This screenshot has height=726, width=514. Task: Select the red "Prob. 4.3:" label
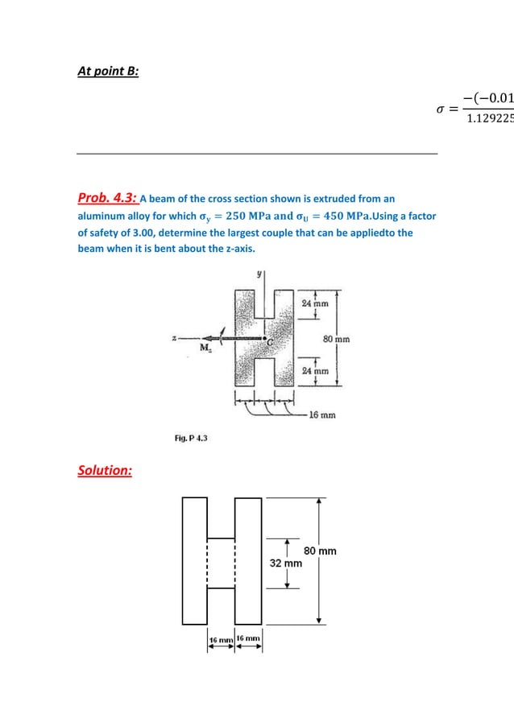coord(108,199)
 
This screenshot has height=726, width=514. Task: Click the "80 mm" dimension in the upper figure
coord(336,339)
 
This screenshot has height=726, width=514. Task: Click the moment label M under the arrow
coord(205,348)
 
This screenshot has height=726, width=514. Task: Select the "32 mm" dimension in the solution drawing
coord(285,563)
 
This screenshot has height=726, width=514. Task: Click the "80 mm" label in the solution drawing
coord(320,551)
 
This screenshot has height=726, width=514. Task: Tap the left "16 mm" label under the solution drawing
coord(221,638)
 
